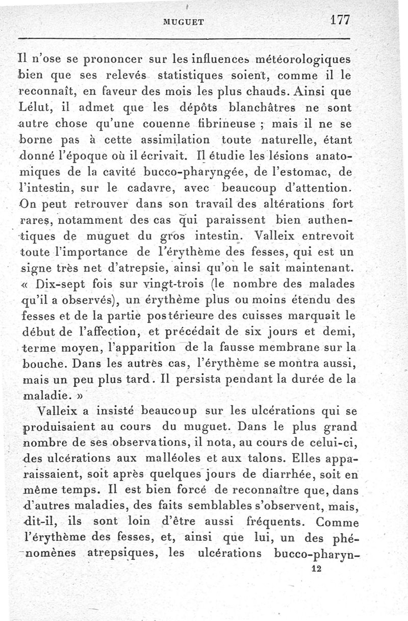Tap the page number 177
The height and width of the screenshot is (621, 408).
(x=339, y=20)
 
